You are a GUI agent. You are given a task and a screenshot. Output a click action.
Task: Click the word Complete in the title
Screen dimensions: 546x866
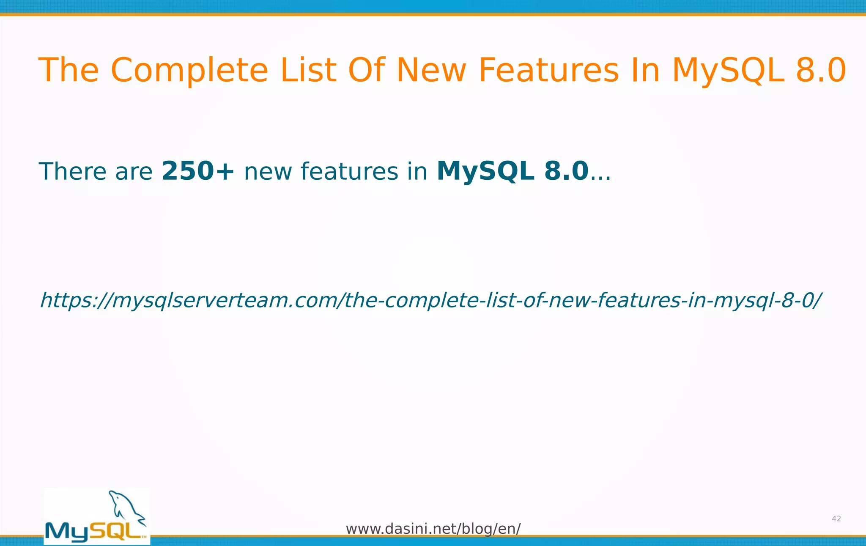(189, 70)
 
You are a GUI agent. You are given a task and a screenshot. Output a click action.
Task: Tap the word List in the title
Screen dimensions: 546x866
(308, 70)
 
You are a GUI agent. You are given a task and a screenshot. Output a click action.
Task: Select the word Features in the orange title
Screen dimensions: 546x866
(548, 70)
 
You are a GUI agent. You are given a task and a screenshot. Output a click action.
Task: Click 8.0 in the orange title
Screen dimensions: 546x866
(821, 70)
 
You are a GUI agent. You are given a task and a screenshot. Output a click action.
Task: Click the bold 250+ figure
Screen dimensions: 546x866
(198, 171)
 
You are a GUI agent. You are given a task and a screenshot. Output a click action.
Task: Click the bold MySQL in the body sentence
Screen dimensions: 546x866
(485, 171)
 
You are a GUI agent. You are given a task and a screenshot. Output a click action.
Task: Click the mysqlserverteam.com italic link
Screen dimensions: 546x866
(430, 300)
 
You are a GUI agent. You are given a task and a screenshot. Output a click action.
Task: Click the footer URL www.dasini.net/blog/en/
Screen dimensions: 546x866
(433, 529)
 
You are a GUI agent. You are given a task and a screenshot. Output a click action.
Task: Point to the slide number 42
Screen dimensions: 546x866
(836, 519)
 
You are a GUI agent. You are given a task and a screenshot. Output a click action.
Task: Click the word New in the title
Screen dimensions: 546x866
(431, 70)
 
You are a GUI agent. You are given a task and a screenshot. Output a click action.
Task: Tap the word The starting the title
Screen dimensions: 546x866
(69, 70)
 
